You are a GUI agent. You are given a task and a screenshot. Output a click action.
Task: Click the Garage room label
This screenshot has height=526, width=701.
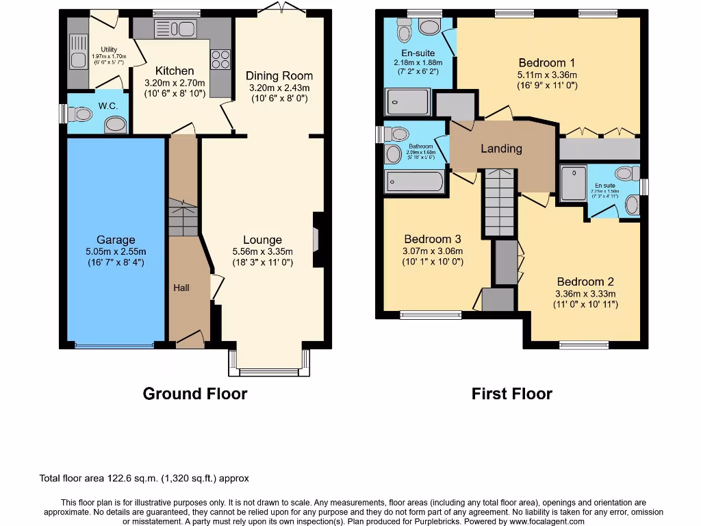[x=116, y=240]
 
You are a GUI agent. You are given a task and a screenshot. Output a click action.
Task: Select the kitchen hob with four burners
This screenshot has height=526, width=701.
[x=220, y=60]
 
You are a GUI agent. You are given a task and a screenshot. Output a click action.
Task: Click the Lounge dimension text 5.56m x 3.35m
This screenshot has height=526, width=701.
[x=262, y=251]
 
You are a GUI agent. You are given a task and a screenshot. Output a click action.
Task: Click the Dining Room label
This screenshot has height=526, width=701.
[x=279, y=76]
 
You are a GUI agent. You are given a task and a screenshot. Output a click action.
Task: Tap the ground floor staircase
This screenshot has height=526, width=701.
[x=183, y=218]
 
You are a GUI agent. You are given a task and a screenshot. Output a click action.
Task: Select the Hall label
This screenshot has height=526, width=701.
[x=181, y=288]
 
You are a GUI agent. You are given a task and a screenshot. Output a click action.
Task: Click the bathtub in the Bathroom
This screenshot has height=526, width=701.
[x=414, y=182]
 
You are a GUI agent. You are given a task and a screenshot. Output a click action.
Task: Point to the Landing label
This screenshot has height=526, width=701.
[x=501, y=149]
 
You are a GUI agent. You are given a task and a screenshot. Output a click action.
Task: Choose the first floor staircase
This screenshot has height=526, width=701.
[x=500, y=202]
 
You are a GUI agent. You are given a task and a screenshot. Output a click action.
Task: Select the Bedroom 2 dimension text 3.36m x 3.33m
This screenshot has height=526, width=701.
[x=585, y=294]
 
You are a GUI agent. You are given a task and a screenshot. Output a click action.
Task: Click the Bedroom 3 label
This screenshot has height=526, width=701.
[x=432, y=239]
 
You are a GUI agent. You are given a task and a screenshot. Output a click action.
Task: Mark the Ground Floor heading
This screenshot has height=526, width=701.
[x=195, y=394]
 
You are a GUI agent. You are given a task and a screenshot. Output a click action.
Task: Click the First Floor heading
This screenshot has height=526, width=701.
[x=511, y=394]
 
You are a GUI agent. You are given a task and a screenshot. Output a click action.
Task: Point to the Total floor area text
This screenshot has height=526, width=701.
[x=144, y=478]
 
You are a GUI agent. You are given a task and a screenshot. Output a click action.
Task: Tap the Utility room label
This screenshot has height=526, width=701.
[x=109, y=49]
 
